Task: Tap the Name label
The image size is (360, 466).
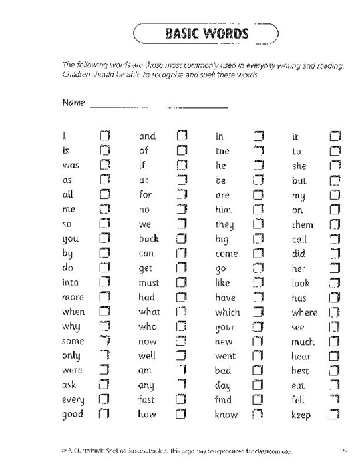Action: (73, 103)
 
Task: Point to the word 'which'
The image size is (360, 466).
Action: (227, 312)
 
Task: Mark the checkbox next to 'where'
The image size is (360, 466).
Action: (335, 312)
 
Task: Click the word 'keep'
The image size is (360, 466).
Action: (301, 415)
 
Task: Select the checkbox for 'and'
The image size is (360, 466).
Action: (182, 136)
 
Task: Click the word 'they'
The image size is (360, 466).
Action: (224, 225)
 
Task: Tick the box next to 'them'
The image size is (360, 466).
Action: (335, 224)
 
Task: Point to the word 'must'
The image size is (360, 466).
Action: (149, 282)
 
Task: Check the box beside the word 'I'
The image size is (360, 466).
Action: (104, 136)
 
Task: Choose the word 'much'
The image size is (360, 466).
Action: (303, 342)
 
